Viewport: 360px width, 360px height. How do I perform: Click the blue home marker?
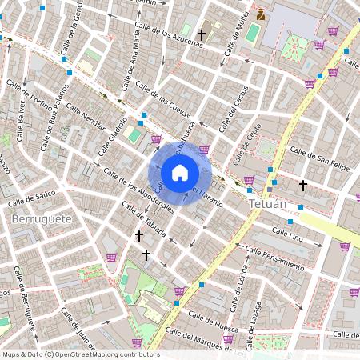pos(179,172)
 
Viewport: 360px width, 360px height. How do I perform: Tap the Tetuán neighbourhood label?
pos(267,205)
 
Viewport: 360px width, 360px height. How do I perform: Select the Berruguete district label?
pos(42,218)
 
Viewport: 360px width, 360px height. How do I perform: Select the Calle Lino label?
pos(287,233)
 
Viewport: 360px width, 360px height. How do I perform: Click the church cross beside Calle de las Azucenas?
pos(202,35)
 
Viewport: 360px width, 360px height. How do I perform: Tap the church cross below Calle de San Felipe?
pos(302,186)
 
